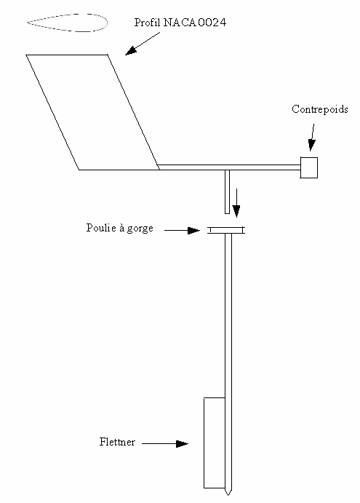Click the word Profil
(147, 22)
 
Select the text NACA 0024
(195, 23)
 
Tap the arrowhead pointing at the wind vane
(130, 51)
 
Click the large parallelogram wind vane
(93, 112)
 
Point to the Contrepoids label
(319, 109)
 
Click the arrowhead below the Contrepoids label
(311, 146)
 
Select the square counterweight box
(309, 167)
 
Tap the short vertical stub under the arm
(228, 192)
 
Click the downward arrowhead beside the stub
(236, 211)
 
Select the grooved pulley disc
(226, 230)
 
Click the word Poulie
(101, 228)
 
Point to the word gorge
(140, 229)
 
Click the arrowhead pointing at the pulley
(193, 230)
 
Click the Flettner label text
(117, 442)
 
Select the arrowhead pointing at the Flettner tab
(182, 444)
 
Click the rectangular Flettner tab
(215, 443)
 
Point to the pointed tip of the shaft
(228, 495)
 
